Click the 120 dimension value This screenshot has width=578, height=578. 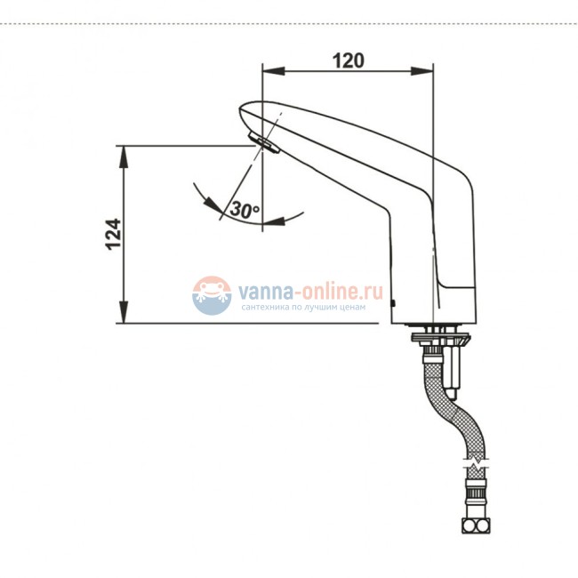point(349,60)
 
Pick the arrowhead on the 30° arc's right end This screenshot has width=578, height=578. point(272,219)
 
